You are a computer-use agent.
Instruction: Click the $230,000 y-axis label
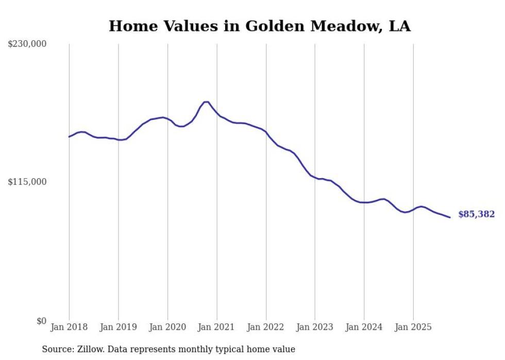(x=27, y=44)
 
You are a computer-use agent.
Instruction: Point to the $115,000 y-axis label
(x=27, y=182)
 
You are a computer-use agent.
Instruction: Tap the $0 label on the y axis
(x=41, y=321)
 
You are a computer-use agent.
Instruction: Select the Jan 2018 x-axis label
(x=69, y=327)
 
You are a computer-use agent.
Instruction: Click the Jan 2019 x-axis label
(x=118, y=327)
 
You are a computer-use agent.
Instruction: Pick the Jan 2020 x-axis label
(x=167, y=327)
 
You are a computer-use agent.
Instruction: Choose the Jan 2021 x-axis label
(x=216, y=327)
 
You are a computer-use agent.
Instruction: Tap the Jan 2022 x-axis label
(x=266, y=327)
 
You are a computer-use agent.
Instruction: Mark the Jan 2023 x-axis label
(x=315, y=327)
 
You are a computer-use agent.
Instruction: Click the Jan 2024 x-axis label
(x=364, y=327)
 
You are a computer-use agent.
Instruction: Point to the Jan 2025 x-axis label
(x=413, y=327)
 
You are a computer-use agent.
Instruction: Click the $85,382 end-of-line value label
(x=476, y=214)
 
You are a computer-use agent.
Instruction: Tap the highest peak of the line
(x=206, y=102)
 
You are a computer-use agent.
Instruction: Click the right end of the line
(x=450, y=217)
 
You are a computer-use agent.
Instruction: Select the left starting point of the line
(x=69, y=136)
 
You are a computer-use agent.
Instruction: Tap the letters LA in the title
(x=400, y=26)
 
